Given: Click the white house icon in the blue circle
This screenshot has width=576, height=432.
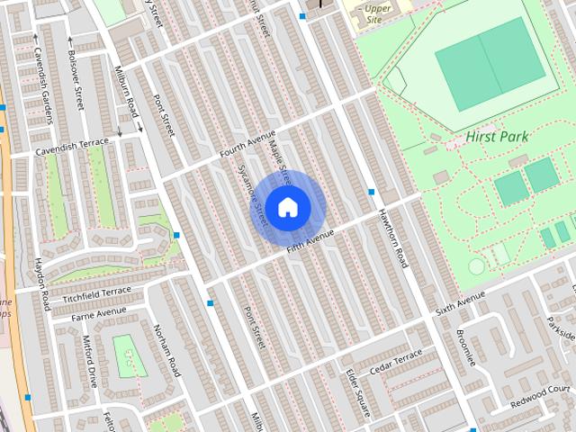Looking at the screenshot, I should [x=287, y=207].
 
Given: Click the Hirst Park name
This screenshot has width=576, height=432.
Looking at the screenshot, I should [x=497, y=137].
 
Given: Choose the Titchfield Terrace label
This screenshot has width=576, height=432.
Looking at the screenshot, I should [x=97, y=294].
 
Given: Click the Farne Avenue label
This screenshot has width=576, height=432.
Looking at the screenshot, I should [x=100, y=312].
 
